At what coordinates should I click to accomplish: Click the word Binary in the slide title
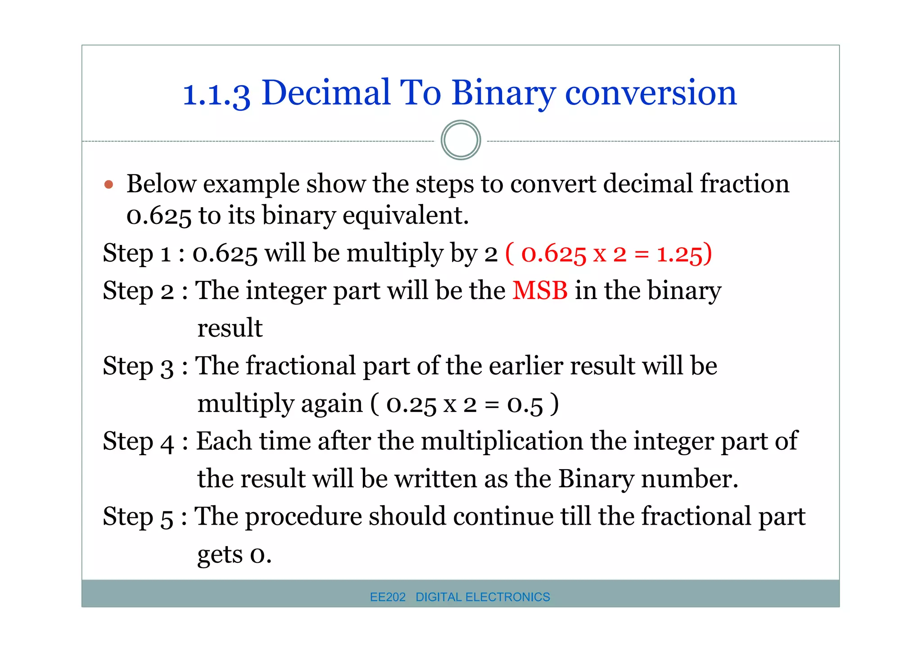click(x=503, y=93)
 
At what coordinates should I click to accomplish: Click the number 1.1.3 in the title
click(x=216, y=94)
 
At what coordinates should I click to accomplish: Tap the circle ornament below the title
click(x=461, y=140)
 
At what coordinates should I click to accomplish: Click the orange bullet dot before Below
click(x=108, y=185)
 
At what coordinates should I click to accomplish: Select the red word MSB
click(x=540, y=290)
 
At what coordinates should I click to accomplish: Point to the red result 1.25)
click(x=684, y=254)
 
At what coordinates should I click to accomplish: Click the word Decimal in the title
click(x=325, y=93)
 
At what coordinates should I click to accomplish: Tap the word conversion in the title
click(x=651, y=93)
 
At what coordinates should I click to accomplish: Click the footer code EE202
click(x=388, y=597)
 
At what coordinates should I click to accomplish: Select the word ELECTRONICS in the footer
click(x=508, y=597)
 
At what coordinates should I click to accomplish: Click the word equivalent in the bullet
click(x=405, y=216)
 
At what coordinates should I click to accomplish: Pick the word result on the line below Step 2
click(x=230, y=328)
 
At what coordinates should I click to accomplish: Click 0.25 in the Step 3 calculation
click(x=411, y=404)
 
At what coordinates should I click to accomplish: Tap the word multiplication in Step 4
click(x=502, y=441)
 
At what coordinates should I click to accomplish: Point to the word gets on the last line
click(x=220, y=554)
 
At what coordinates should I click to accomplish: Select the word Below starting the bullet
click(x=161, y=184)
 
